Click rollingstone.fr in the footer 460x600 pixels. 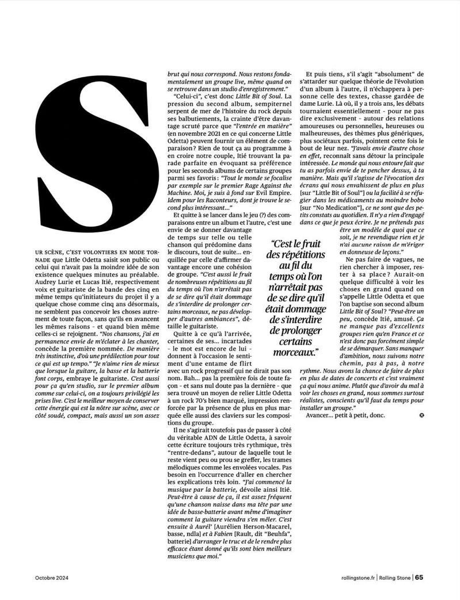[357, 578]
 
